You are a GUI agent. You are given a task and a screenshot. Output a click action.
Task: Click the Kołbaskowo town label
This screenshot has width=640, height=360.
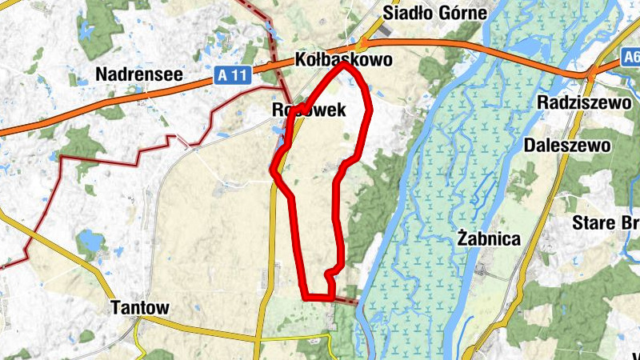tap(343, 60)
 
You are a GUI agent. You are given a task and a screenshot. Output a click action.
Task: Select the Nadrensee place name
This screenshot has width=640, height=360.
tap(139, 75)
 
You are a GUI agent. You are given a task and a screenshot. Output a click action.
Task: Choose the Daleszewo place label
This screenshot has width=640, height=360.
tap(567, 145)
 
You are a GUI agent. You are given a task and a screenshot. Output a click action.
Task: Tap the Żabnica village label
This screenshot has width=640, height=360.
tap(490, 238)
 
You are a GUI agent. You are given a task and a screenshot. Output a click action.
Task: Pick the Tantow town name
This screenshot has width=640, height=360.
tap(141, 307)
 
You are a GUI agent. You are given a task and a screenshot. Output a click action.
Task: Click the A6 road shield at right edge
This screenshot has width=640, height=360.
tap(630, 58)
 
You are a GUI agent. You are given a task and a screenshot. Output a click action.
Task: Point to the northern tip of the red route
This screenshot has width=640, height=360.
tap(346, 65)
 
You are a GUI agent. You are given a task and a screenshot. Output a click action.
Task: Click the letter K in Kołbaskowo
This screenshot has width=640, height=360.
tap(301, 60)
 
